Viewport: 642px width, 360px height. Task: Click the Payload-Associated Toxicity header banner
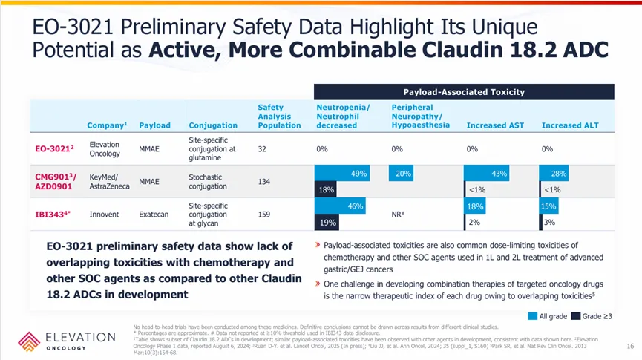(x=464, y=92)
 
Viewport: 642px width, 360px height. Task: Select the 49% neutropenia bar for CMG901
(x=342, y=174)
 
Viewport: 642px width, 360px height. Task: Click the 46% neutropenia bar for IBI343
(x=344, y=206)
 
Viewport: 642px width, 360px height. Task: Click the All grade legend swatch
(x=532, y=316)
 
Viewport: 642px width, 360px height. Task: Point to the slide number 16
(x=629, y=346)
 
